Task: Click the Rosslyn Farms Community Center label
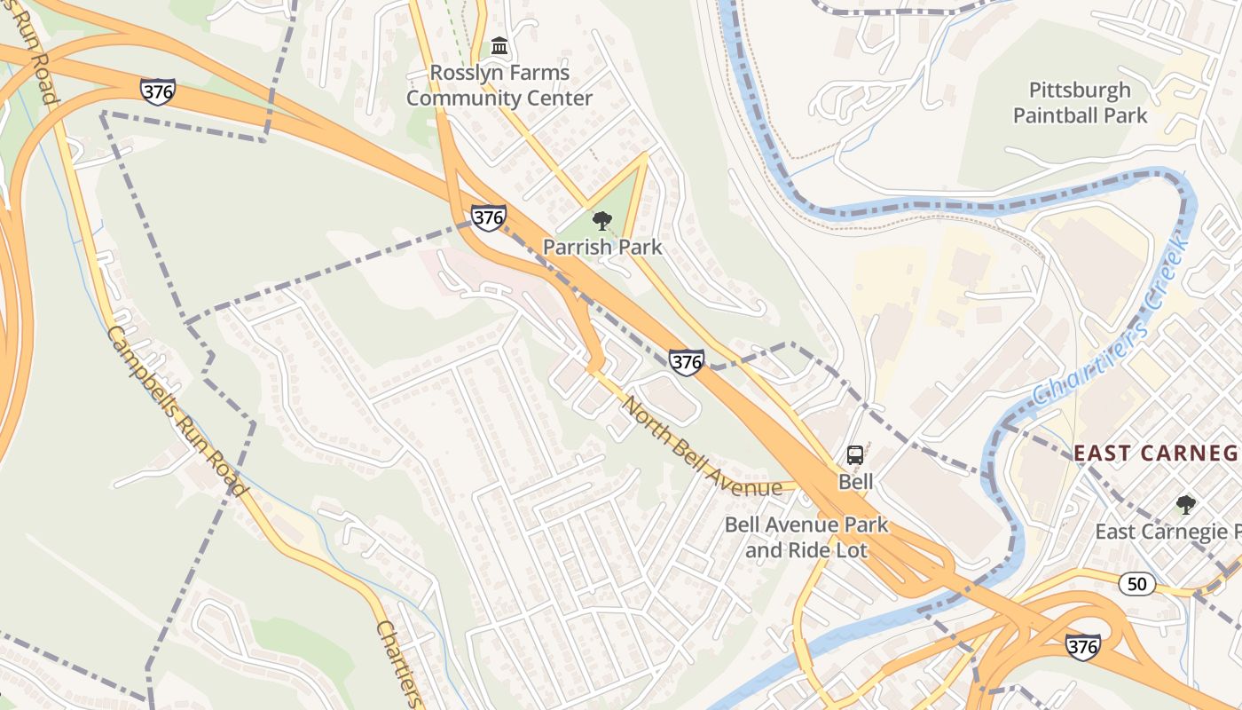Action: pos(499,85)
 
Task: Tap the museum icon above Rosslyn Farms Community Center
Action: pos(499,45)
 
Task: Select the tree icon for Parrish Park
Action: pos(602,220)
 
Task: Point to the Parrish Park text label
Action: pos(602,247)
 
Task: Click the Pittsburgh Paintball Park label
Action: pos(1080,103)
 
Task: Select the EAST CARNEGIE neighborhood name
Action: pos(1156,454)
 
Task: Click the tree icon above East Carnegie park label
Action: pos(1185,506)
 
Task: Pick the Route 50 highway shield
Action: pos(1136,584)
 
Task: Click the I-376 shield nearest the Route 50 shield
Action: pos(1083,647)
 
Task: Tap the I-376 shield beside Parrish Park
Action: pos(488,217)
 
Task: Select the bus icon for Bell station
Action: pos(855,455)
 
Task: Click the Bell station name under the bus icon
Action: pos(856,482)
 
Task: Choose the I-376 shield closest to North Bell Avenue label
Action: pos(687,361)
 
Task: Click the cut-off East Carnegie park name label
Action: pos(1167,532)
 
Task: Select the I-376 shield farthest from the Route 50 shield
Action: pos(157,91)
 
